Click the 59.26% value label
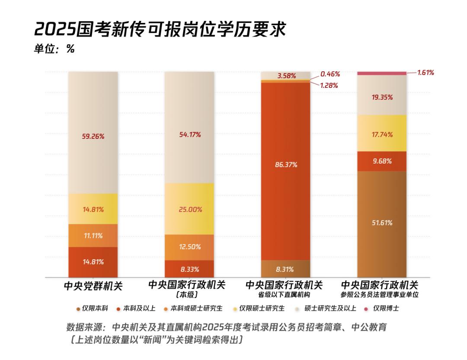point(93,136)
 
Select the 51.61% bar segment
point(382,223)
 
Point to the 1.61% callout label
point(425,73)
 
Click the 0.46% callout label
point(330,74)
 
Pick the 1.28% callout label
point(329,85)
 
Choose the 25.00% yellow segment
point(190,209)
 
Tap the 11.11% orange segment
point(93,236)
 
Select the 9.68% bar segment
point(382,161)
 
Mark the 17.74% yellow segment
point(382,134)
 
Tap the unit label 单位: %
point(54,49)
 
